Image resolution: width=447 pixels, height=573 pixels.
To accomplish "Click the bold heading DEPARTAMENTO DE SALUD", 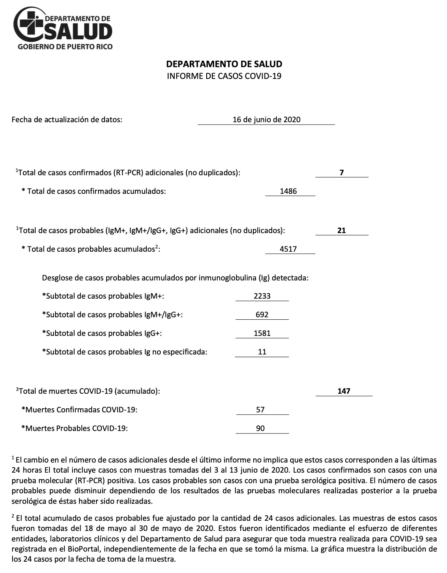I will coord(224,64).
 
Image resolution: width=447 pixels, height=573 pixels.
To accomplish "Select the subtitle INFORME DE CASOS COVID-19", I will coord(224,76).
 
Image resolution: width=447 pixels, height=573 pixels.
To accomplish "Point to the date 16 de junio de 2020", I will coord(266,119).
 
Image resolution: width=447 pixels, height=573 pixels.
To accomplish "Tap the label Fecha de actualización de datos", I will coord(67,119).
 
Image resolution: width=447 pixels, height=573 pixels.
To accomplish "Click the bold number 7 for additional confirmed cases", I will coord(342,173).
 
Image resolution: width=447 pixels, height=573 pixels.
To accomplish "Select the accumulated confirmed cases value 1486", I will coord(288,191).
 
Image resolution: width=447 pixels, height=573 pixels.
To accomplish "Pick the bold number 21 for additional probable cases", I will coord(342,231).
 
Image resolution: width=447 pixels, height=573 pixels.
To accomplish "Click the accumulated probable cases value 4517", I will coord(288,249).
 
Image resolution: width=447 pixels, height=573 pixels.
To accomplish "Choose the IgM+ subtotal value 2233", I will coord(262,296).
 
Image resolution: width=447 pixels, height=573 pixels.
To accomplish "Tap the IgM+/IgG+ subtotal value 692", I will coord(262,315).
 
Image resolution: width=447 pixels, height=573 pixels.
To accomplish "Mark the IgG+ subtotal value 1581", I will coord(262,333).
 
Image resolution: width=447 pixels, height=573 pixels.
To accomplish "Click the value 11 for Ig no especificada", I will coord(262,352).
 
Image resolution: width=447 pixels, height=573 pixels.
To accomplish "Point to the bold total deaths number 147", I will coord(344,391).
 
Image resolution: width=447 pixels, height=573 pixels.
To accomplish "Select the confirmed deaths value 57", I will coord(260,410).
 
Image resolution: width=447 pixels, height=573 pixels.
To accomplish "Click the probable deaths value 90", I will coord(260,429).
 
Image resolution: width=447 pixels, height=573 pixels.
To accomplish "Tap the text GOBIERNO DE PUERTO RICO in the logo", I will coord(65,47).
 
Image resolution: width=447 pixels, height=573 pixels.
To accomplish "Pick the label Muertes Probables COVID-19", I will coord(75,429).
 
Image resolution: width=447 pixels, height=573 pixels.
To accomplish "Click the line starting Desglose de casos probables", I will coord(175,278).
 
